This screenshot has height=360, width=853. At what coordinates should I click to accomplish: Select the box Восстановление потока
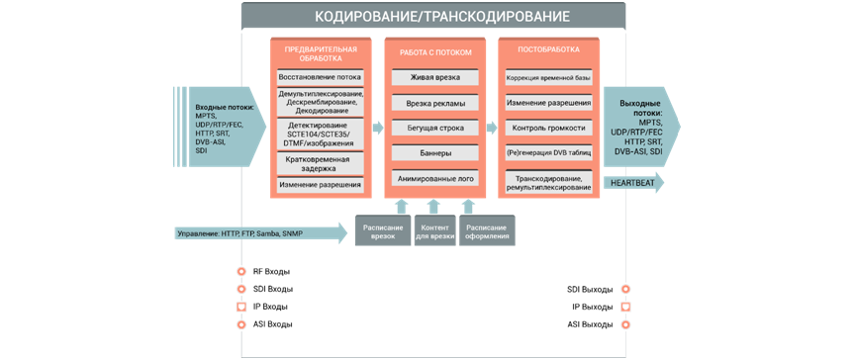point(320,76)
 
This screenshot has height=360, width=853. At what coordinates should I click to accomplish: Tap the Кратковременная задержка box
point(320,163)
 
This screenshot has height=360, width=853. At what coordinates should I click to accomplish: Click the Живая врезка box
point(434,77)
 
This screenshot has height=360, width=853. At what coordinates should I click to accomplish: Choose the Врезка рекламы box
point(434,103)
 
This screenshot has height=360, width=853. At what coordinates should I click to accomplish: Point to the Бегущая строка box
point(434,128)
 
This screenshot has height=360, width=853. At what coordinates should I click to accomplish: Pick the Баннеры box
point(434,153)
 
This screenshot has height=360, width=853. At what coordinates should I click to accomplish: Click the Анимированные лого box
point(434,179)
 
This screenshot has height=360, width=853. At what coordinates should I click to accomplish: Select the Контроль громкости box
point(548,128)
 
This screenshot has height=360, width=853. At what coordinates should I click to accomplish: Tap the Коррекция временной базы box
point(548,77)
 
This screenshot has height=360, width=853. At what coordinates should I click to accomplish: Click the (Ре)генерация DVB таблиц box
point(548,153)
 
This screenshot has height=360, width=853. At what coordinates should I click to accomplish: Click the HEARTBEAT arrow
point(633,183)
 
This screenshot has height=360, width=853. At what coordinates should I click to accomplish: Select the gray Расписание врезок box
point(383,230)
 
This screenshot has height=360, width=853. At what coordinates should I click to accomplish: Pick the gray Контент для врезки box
point(435,230)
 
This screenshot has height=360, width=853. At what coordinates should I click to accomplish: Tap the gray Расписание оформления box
point(487,230)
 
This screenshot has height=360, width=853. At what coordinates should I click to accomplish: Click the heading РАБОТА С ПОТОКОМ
point(434,52)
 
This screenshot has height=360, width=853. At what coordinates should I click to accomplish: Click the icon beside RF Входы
point(240,271)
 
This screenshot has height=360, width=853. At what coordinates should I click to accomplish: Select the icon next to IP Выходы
point(625,307)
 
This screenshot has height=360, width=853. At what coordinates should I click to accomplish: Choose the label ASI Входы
point(272,324)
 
